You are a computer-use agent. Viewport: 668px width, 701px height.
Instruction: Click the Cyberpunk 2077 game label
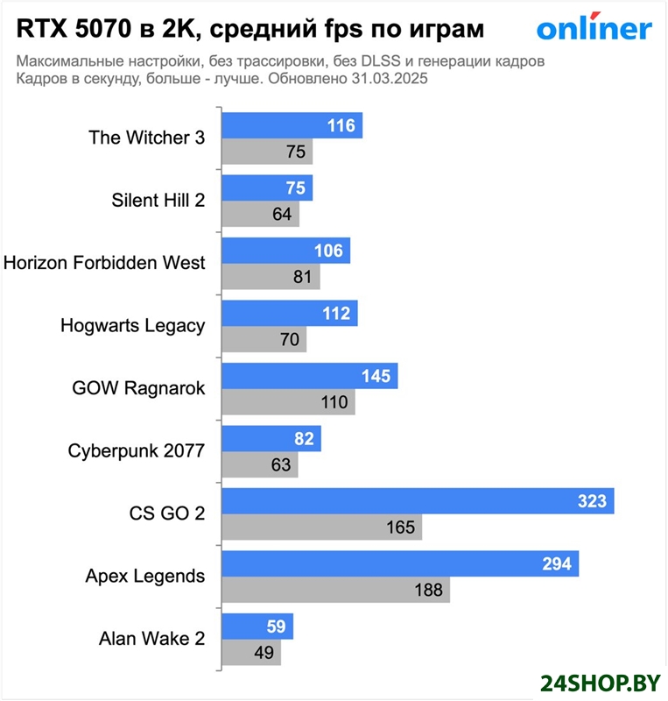click(x=136, y=451)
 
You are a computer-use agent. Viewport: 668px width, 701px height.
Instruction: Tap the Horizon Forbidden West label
click(x=105, y=262)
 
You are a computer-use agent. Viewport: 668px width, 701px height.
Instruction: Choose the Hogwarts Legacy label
click(x=132, y=325)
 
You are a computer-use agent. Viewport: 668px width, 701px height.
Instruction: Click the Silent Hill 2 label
click(x=158, y=200)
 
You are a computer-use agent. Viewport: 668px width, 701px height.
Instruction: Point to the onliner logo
click(x=594, y=29)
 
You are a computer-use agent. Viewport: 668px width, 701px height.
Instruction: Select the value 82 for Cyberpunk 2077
click(x=304, y=439)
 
